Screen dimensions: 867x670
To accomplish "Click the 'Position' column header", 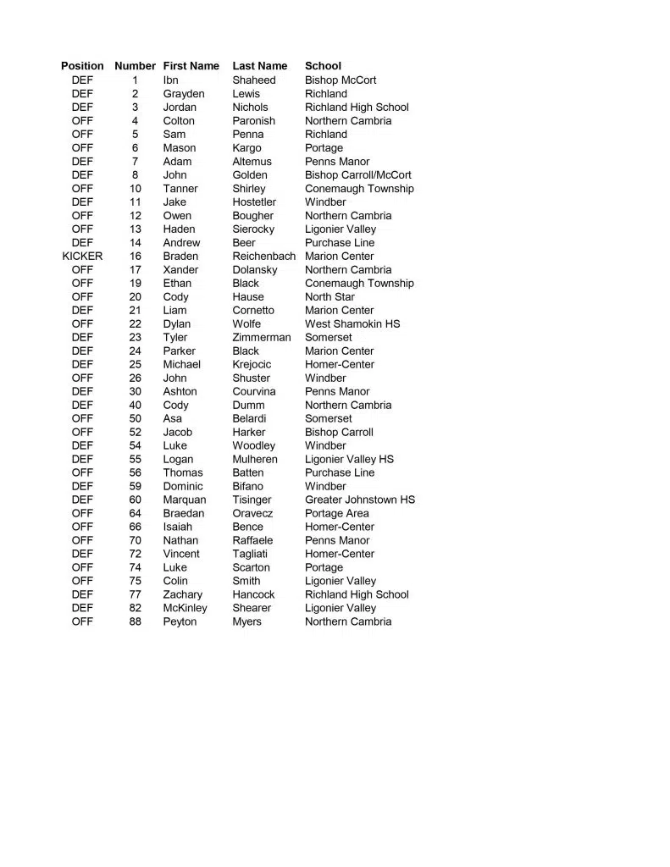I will click(x=82, y=66).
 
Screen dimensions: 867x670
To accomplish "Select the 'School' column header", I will click(x=323, y=66).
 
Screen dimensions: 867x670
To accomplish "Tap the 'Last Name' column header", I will click(x=259, y=66).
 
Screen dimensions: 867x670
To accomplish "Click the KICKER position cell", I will click(x=82, y=256).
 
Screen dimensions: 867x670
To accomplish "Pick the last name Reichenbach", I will click(x=263, y=256).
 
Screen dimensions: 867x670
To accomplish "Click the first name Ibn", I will click(x=170, y=80).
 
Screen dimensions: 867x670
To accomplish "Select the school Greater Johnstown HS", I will click(x=360, y=500).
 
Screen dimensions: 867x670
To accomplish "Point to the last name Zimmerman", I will click(x=261, y=337).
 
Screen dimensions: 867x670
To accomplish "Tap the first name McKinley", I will click(x=185, y=608).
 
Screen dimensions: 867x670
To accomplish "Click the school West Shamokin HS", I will click(x=352, y=323).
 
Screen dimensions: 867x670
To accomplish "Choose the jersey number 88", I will click(x=136, y=621).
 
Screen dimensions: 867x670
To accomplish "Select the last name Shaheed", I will click(x=253, y=80).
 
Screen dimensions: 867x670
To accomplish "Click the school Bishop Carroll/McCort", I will click(x=357, y=174).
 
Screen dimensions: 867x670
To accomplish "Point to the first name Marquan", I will click(x=184, y=500).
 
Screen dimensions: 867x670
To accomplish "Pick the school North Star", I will click(x=329, y=296).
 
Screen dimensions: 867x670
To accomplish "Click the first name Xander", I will click(x=180, y=269).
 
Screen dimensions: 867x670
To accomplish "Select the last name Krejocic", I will click(x=252, y=364).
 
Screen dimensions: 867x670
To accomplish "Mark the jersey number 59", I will click(x=136, y=486).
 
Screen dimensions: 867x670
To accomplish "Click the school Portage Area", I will click(x=336, y=513).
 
